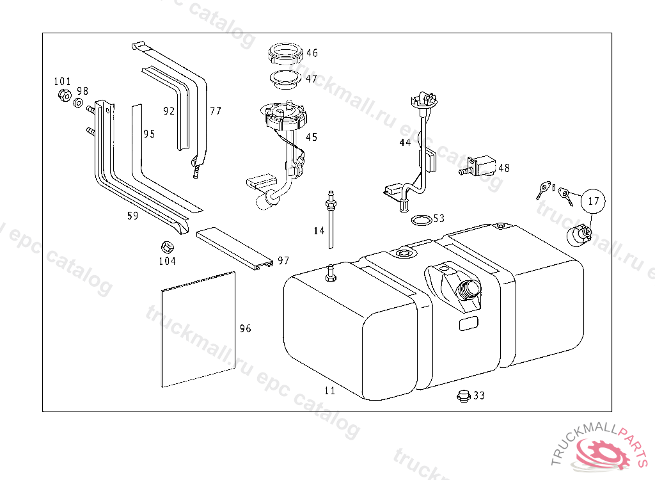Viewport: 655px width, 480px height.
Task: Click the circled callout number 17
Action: (594, 201)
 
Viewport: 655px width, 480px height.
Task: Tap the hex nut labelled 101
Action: (64, 95)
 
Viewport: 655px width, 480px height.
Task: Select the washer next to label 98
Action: (78, 102)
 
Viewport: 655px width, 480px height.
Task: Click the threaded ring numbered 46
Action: (285, 53)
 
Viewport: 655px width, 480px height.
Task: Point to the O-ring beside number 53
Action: (421, 220)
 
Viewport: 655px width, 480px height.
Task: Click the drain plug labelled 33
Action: (464, 395)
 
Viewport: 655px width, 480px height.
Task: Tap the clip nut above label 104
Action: (167, 247)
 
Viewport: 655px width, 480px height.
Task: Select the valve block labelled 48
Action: (478, 166)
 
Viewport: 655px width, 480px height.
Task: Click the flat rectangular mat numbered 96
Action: (198, 330)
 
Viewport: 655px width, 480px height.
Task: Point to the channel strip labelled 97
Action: (235, 248)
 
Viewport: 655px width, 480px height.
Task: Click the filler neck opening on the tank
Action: (470, 289)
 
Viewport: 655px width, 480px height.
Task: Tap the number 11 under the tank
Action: (329, 390)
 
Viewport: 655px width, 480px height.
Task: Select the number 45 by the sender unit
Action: (312, 137)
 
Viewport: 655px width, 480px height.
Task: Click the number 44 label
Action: (405, 143)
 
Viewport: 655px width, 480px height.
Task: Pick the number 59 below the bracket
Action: (133, 216)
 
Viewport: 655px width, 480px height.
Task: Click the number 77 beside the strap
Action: (216, 111)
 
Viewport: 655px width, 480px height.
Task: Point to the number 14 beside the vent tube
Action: (319, 231)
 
